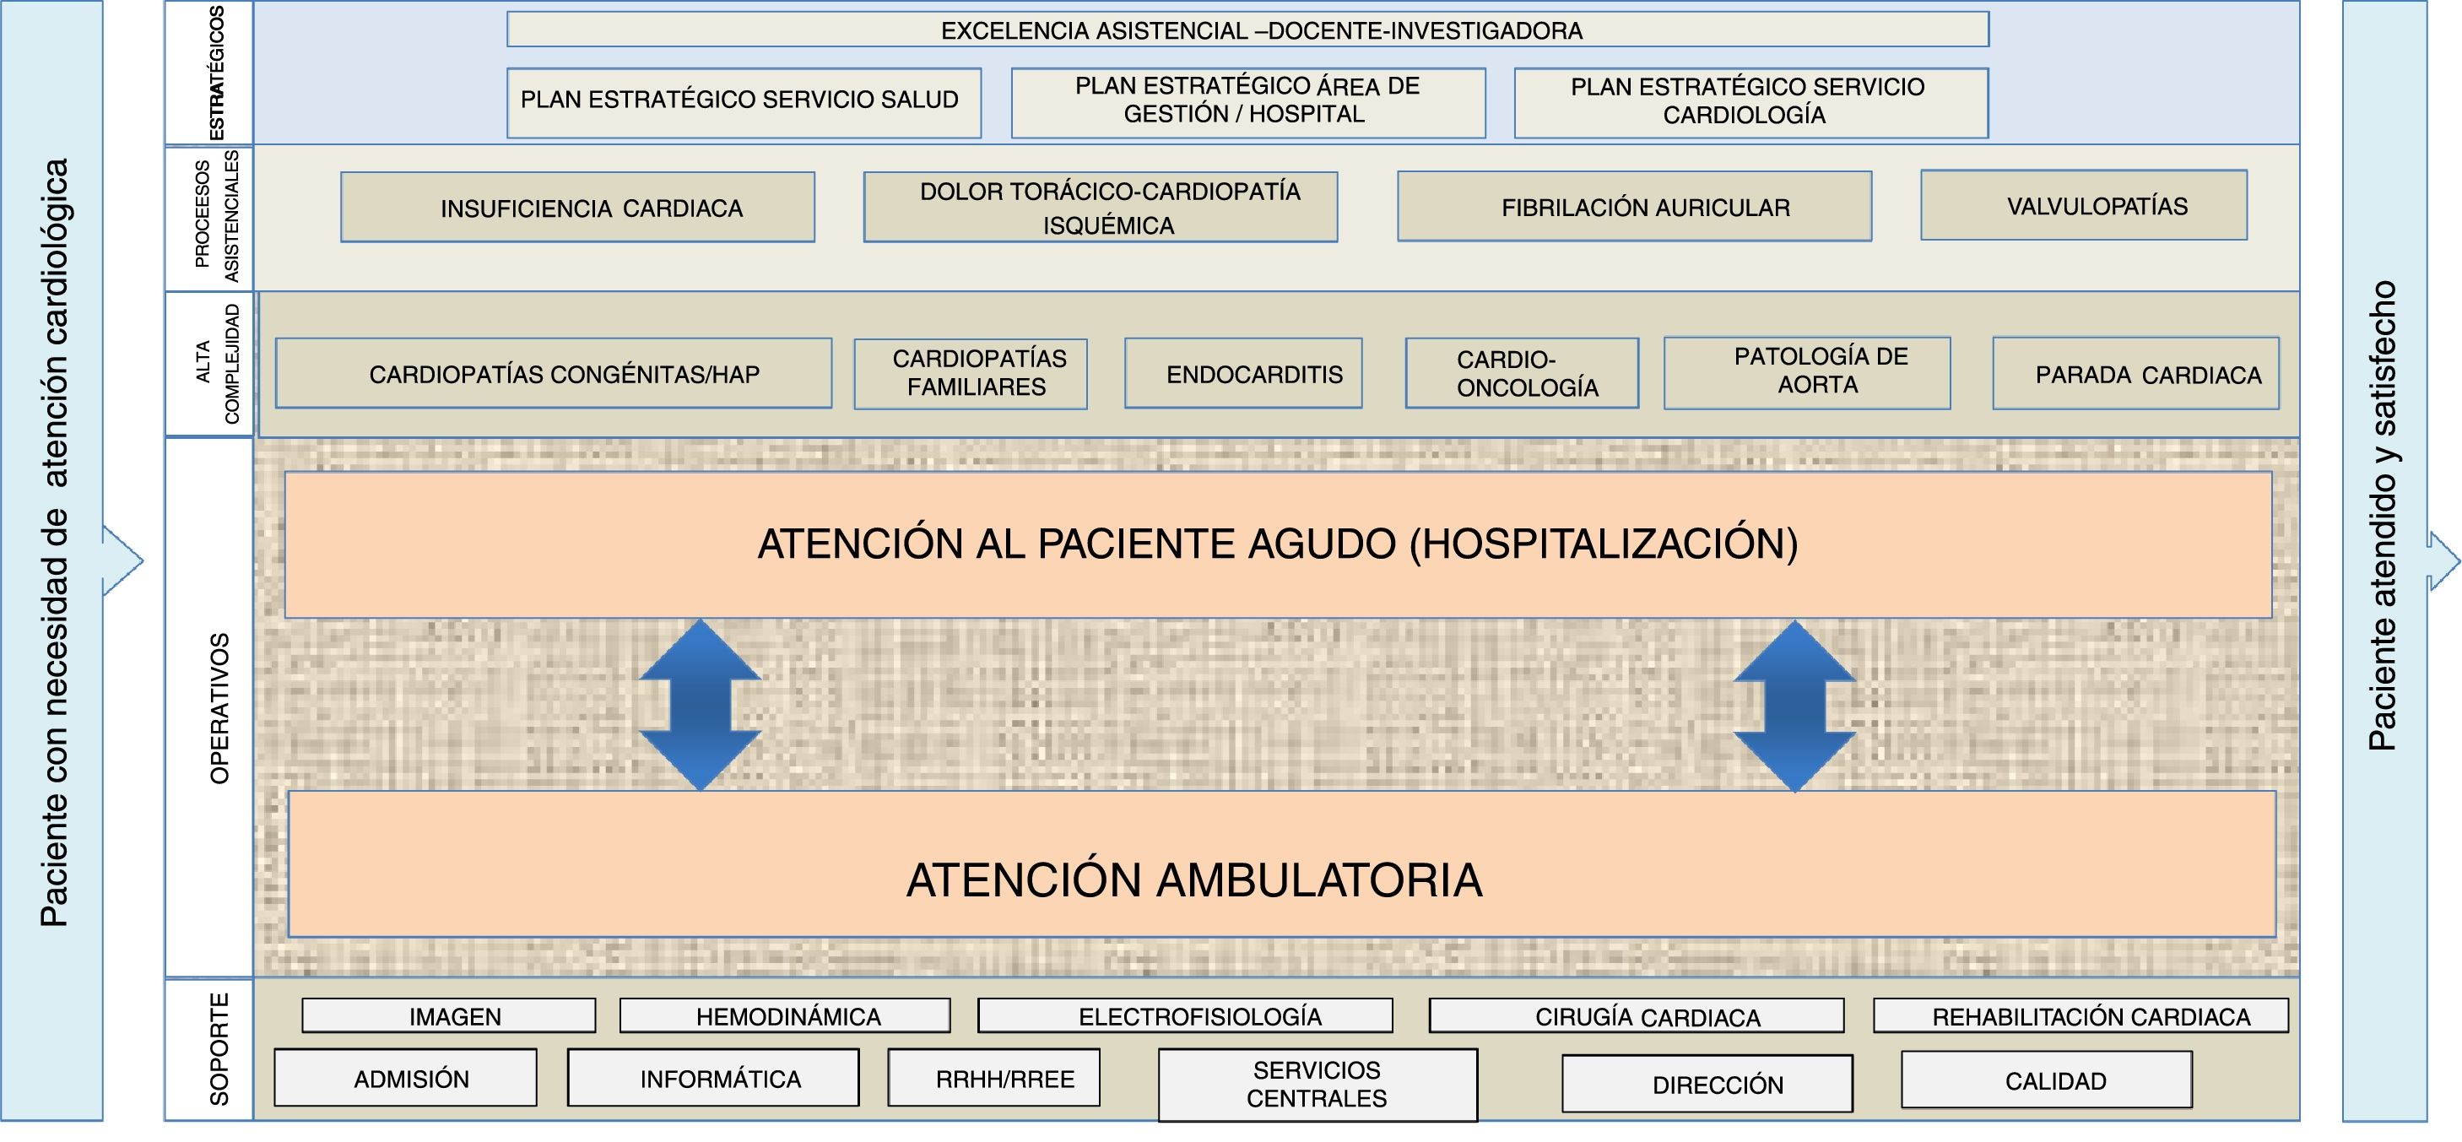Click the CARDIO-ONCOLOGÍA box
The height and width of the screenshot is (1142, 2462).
(x=1522, y=374)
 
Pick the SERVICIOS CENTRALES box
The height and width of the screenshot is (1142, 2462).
(x=1317, y=1085)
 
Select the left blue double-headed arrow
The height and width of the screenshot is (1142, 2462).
(x=701, y=704)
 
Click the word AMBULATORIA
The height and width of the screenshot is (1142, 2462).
(x=1319, y=880)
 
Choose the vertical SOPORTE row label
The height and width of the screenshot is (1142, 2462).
(x=219, y=1049)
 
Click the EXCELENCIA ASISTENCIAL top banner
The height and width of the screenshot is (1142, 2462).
(x=1247, y=30)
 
